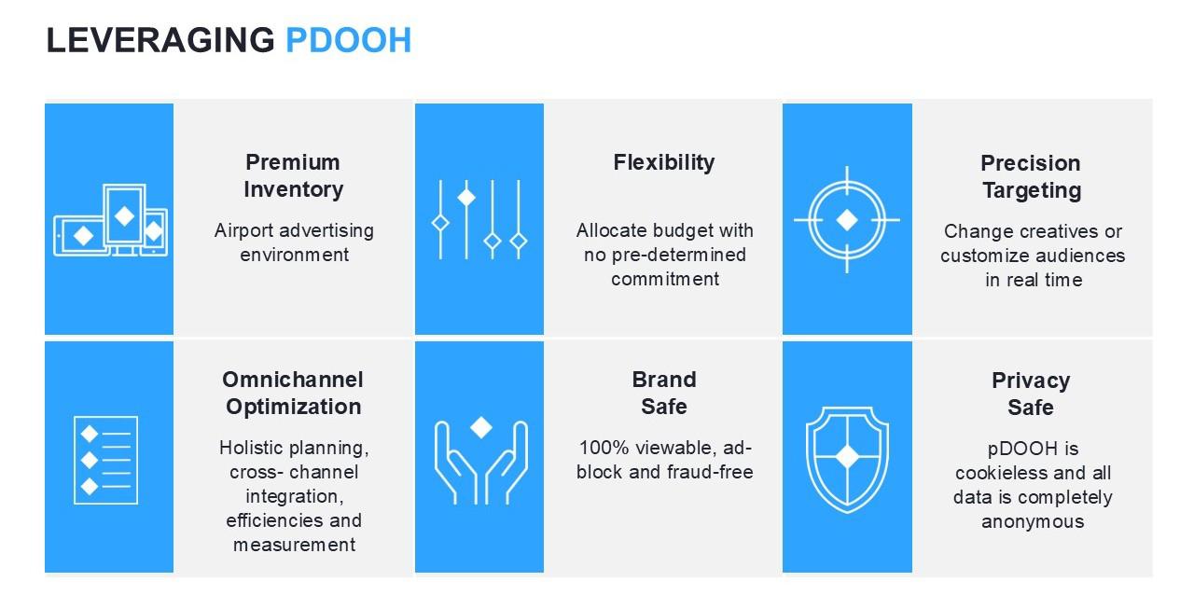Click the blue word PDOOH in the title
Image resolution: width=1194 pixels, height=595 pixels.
click(349, 40)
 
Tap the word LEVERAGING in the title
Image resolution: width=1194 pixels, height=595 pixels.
click(160, 40)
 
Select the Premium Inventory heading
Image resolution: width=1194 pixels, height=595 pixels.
click(293, 175)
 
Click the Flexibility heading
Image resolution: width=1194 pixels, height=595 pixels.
click(663, 162)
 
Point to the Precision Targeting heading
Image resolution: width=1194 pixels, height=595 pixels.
click(1031, 176)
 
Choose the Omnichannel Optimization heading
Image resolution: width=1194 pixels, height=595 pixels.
click(293, 393)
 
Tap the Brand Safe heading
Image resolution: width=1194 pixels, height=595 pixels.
click(663, 393)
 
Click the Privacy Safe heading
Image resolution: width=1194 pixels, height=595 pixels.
click(1031, 394)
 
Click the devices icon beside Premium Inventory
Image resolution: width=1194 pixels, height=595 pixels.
click(110, 220)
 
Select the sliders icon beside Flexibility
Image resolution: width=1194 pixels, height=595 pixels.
click(479, 220)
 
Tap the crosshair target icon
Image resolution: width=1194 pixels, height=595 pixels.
click(847, 220)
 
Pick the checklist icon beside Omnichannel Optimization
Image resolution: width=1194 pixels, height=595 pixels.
click(105, 460)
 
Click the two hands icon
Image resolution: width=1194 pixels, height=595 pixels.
click(480, 461)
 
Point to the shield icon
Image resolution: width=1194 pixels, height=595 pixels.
click(847, 460)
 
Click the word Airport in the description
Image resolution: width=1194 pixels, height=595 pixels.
click(243, 231)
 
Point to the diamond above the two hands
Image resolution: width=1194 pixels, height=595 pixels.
click(480, 427)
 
